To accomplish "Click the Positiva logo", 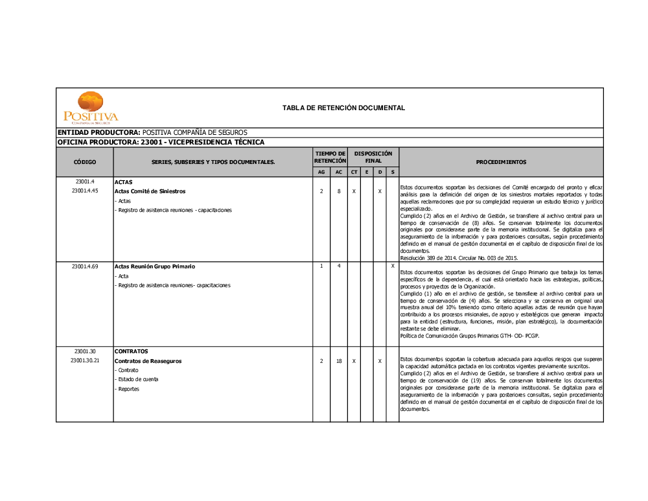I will pos(91,108).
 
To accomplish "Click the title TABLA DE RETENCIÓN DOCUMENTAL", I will pos(343,108).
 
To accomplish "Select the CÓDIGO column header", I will pos(85,162).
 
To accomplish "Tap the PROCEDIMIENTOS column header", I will pos(501,162).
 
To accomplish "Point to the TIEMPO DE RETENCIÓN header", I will pos(330,157).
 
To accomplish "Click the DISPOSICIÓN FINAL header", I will pos(373,157).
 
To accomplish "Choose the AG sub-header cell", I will pos(321,172).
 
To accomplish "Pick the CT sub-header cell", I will pos(354,172).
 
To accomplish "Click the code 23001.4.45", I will pos(85,191).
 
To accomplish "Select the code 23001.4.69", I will pos(85,266).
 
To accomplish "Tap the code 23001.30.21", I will pos(85,361).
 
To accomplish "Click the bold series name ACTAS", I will pos(123,182).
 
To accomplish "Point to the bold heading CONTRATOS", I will pos(132,351).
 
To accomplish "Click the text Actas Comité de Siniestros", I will pos(150,192).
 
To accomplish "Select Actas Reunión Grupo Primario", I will pos(155,266).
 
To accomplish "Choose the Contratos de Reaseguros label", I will pos(148,361).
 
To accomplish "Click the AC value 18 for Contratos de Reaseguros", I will pos(339,361).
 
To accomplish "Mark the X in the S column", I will pos(393,266).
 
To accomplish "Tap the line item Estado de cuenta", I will pos(137,379).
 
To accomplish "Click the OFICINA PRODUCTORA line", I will pos(161,142).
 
